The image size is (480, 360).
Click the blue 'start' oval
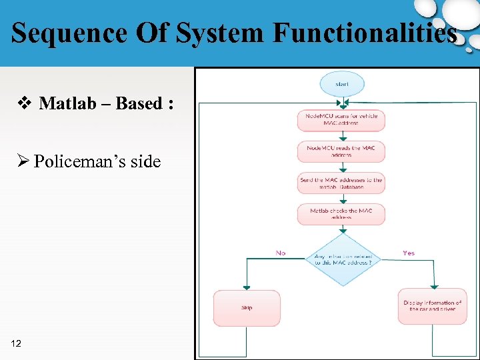click(x=342, y=84)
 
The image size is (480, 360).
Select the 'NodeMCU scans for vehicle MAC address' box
click(x=341, y=120)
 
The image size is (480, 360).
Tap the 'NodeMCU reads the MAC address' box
click(x=341, y=151)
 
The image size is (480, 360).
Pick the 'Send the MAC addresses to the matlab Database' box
click(x=341, y=183)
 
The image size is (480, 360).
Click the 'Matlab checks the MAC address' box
click(x=341, y=214)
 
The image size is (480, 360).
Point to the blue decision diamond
click(x=342, y=259)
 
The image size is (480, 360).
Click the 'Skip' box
click(x=247, y=308)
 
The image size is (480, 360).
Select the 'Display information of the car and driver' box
click(x=432, y=306)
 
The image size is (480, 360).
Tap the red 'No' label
click(x=281, y=253)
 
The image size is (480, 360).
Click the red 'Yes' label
click(x=409, y=253)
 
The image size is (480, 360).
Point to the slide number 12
click(x=17, y=343)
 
